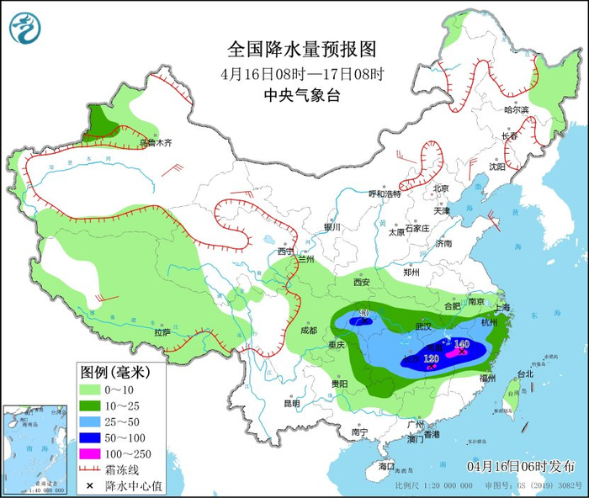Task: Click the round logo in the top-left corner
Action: [26, 27]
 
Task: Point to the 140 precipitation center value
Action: [461, 344]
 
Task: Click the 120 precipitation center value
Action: [432, 359]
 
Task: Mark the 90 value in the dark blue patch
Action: [364, 315]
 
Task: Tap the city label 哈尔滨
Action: [517, 110]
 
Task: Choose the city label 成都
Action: [307, 331]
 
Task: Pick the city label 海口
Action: [386, 465]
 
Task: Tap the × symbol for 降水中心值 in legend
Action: [89, 485]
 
